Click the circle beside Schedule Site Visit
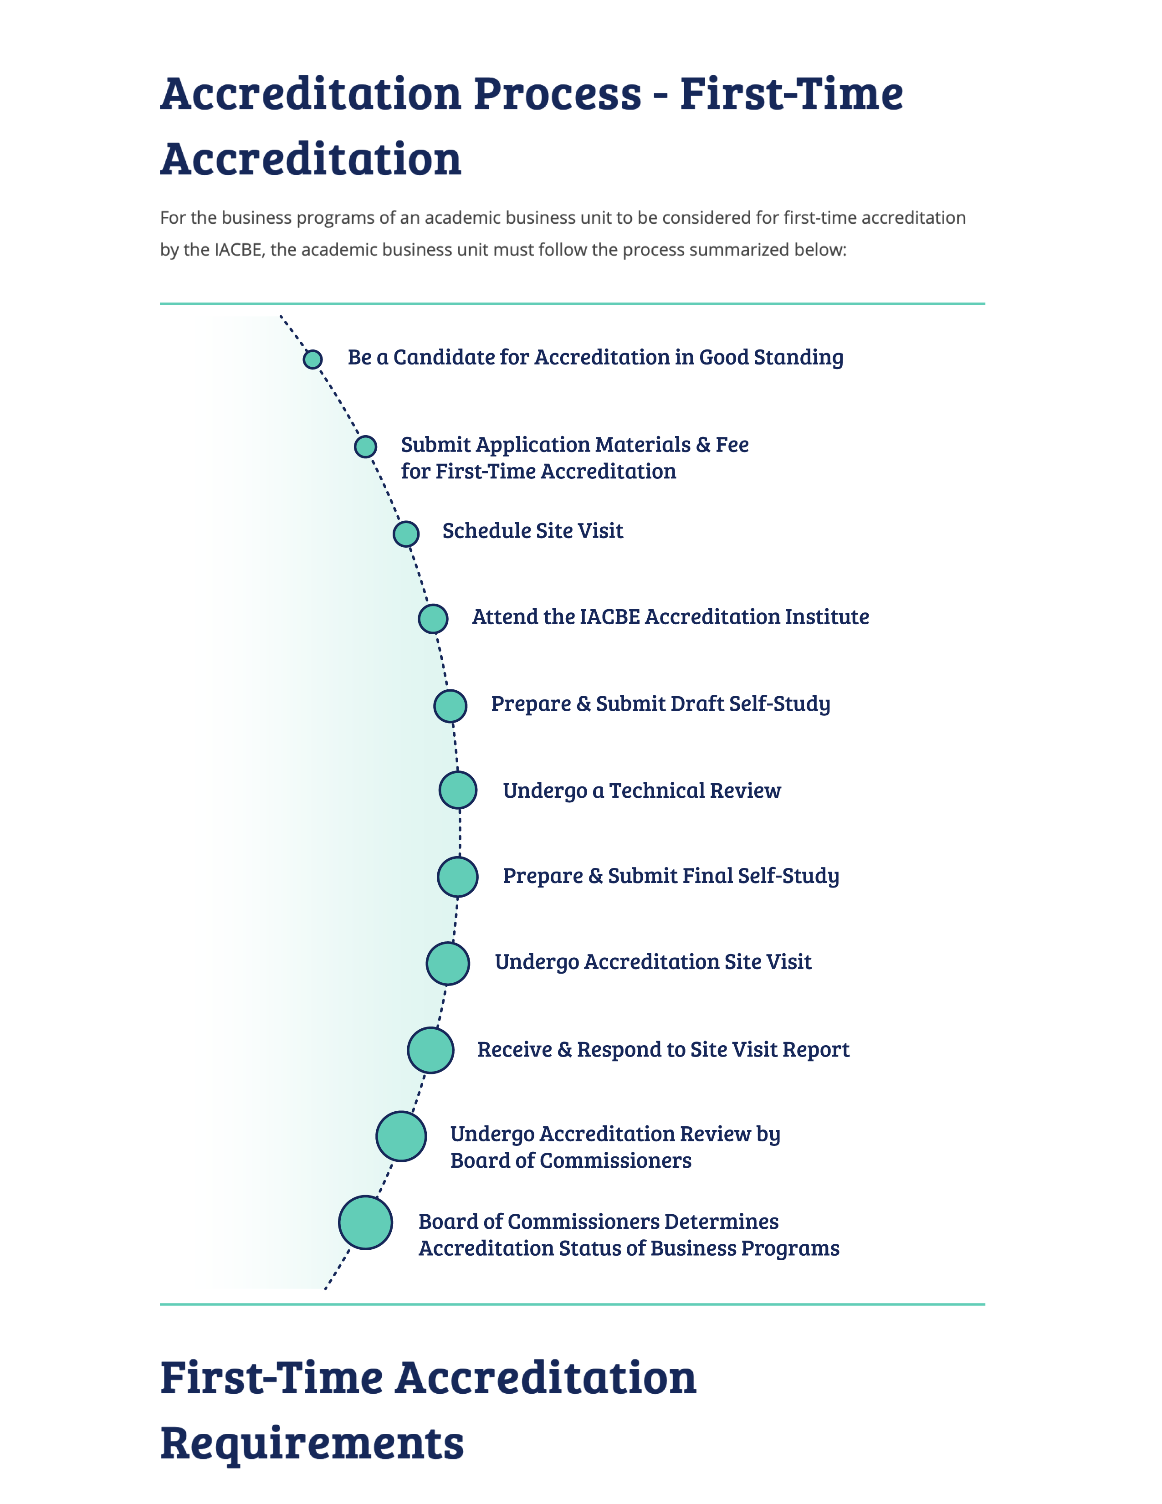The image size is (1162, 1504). click(x=406, y=534)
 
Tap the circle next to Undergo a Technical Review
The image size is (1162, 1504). click(x=458, y=790)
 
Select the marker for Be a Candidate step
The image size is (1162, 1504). click(x=312, y=359)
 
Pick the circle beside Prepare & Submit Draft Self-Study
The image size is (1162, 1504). click(x=450, y=706)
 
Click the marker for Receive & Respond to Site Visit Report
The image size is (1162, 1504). click(x=430, y=1050)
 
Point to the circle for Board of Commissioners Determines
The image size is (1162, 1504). click(x=365, y=1222)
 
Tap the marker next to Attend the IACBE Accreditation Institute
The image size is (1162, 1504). click(x=433, y=618)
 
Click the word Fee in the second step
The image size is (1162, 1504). click(x=732, y=444)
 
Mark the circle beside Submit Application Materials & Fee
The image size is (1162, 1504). click(x=365, y=446)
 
